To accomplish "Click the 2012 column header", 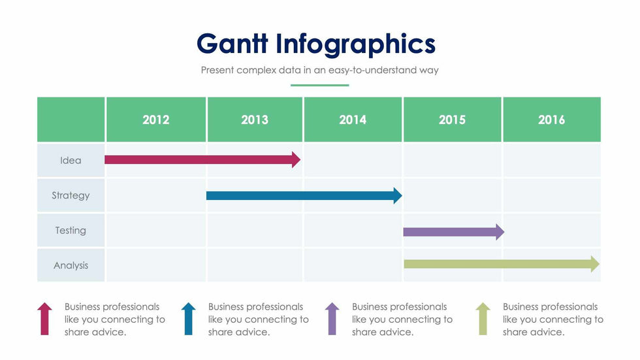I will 155,120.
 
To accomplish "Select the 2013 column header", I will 254,120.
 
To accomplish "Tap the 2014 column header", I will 353,120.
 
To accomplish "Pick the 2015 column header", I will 452,120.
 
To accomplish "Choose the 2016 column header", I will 551,120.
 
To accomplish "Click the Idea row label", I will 71,160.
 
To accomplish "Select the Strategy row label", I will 71,195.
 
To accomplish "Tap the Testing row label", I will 71,231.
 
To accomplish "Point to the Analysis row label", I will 71,266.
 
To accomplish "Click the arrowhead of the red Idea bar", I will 296,159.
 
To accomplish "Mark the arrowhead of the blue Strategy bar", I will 397,195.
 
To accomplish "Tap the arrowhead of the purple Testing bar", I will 500,231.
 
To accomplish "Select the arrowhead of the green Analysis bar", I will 595,264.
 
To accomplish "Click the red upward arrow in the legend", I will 44,318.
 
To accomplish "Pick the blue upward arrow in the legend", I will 188,318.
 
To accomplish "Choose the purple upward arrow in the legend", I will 332,318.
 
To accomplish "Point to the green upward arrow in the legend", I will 483,318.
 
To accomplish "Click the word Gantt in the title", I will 232,44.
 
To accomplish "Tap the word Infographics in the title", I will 355,44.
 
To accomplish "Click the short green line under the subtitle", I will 319,85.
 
